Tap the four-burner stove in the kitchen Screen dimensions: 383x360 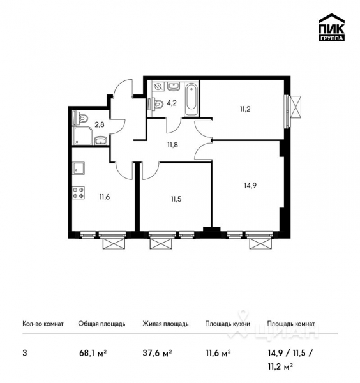80,192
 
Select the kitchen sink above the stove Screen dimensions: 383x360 80,169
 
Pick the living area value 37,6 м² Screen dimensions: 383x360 156,352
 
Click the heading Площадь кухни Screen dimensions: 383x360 227,324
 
